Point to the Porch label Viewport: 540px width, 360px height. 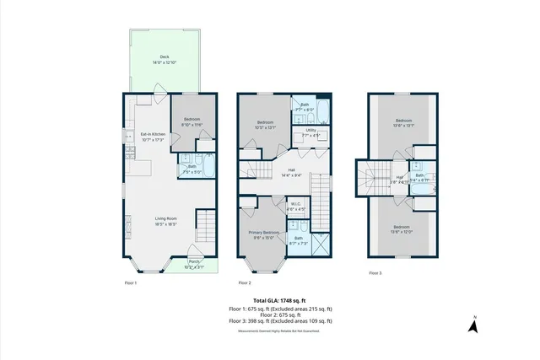tap(194, 263)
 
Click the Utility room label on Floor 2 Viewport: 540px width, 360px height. tap(310, 132)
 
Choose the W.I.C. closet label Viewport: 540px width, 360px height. tap(296, 206)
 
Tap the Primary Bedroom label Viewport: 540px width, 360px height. tap(264, 234)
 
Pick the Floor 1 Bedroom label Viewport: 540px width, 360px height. tap(192, 121)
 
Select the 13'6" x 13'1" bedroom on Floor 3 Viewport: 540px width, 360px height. tap(402, 124)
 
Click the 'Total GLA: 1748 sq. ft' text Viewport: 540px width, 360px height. tap(280, 300)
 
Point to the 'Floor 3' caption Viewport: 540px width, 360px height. tap(375, 273)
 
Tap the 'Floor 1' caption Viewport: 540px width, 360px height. tap(130, 282)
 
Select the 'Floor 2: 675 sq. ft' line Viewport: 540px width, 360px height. tap(280, 314)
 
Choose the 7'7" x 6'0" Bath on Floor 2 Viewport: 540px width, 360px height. tap(305, 108)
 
